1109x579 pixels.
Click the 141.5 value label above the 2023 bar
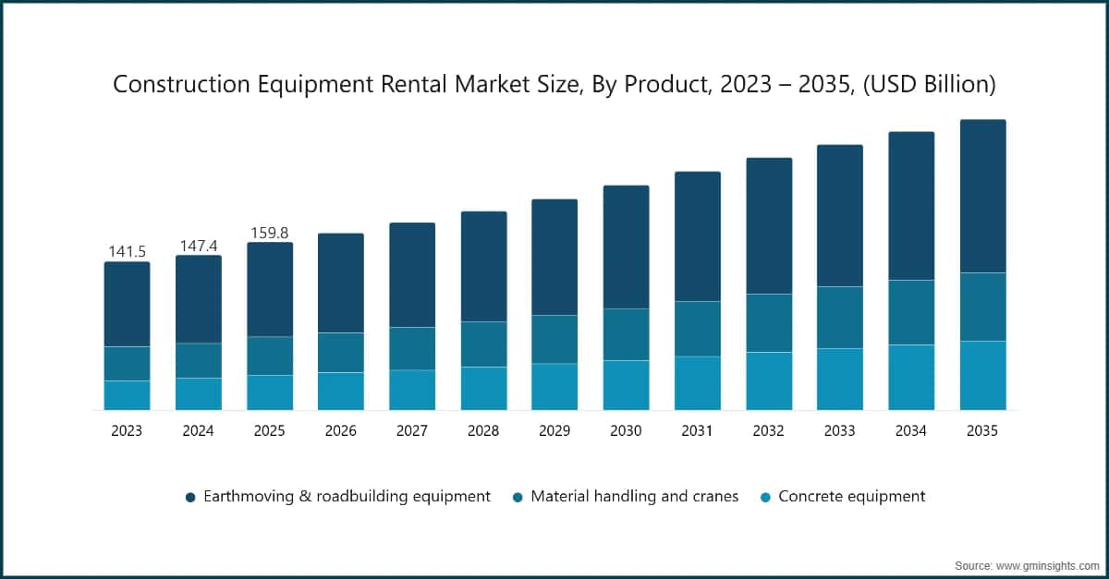pos(127,251)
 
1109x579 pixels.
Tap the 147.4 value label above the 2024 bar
pos(198,245)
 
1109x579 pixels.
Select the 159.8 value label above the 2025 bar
pos(270,233)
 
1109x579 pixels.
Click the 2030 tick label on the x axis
pos(626,430)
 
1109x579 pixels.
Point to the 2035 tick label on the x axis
pos(982,430)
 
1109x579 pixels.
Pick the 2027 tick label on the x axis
pos(412,430)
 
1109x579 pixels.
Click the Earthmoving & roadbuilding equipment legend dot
pos(190,497)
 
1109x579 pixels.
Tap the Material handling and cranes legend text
pos(634,496)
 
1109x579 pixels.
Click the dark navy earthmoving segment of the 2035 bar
pos(982,196)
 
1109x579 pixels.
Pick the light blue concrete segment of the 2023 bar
pos(127,395)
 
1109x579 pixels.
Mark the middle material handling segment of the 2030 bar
pos(626,334)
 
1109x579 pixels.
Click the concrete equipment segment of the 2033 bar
pos(839,379)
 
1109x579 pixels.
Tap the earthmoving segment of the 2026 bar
pos(341,283)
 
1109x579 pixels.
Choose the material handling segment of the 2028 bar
pos(483,344)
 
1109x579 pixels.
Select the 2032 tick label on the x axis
pos(768,430)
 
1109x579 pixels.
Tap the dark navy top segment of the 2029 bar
pos(554,257)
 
